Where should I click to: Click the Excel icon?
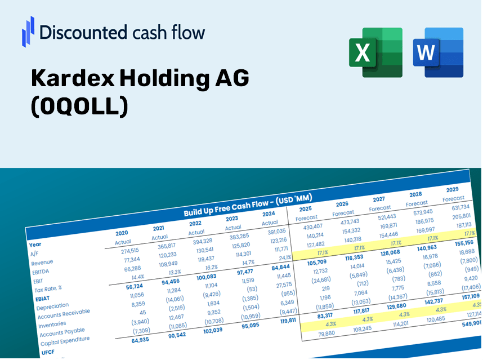point(375,52)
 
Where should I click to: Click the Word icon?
point(438,52)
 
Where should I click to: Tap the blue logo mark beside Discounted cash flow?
point(28,31)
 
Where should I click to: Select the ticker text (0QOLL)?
point(79,106)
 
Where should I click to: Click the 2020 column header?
point(122,233)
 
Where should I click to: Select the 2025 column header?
point(306,208)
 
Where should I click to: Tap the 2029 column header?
point(452,189)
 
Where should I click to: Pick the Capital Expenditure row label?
point(65,339)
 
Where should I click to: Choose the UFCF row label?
point(48,352)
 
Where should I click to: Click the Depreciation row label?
point(52,306)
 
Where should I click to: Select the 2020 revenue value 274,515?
point(127,251)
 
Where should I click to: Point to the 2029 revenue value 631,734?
point(457,207)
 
